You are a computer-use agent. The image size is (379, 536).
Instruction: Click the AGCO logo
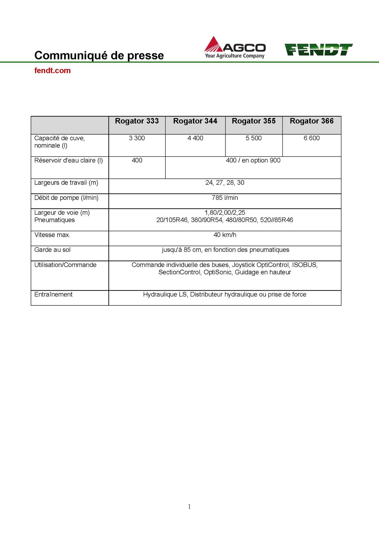click(235, 47)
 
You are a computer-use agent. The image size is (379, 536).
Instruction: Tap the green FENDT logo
click(318, 49)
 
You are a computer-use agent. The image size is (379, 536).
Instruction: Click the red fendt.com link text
click(53, 71)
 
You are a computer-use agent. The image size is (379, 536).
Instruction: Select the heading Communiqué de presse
click(99, 55)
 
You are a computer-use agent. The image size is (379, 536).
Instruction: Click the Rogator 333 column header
click(137, 121)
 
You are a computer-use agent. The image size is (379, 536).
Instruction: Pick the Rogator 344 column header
click(195, 121)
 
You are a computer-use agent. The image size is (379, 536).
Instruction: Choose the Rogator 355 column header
click(254, 121)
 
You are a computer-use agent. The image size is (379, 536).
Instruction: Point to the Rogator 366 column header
click(312, 121)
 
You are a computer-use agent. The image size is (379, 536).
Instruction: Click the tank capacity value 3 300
click(137, 138)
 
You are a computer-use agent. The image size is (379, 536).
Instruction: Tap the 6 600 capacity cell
click(312, 138)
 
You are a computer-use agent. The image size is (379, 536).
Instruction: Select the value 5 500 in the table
click(254, 138)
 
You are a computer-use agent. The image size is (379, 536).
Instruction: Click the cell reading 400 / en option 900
click(253, 161)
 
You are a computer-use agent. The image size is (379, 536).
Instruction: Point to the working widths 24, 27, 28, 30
click(225, 183)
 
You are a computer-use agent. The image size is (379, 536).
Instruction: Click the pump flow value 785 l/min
click(225, 198)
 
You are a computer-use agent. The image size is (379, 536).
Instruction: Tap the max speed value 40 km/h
click(225, 235)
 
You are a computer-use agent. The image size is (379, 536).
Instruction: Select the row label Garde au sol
click(53, 250)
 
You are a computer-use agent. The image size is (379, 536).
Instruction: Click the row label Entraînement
click(53, 295)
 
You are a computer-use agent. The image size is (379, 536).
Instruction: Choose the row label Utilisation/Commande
click(65, 265)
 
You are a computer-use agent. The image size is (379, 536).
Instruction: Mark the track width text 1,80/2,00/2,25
click(225, 213)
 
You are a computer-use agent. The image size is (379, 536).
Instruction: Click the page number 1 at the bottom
click(189, 507)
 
